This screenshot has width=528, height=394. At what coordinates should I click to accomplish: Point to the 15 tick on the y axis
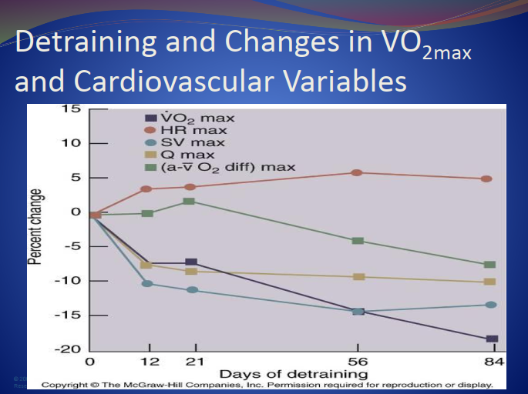click(71, 109)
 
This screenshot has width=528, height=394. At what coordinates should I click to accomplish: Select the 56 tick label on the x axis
click(357, 362)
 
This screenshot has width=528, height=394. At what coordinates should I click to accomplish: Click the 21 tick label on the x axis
click(194, 362)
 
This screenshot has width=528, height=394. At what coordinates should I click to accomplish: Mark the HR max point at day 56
click(357, 172)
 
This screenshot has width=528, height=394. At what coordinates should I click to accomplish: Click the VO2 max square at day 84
click(492, 339)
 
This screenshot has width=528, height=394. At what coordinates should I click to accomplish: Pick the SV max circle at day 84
click(491, 305)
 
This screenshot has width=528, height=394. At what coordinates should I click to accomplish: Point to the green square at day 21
click(190, 201)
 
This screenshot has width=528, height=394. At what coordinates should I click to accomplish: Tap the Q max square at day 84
click(490, 282)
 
